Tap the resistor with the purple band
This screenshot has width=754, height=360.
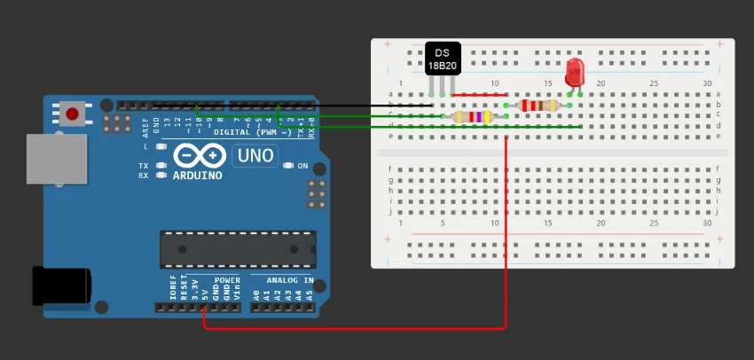pos(472,116)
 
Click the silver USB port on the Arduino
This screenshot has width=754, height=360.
pos(56,160)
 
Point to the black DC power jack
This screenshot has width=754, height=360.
pos(60,286)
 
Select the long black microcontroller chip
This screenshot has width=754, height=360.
pos(238,249)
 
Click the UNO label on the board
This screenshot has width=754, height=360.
pos(254,156)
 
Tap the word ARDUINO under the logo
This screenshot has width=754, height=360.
pos(197,176)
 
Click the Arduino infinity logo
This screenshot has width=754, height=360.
pos(199,156)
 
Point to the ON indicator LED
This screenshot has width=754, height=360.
pos(288,166)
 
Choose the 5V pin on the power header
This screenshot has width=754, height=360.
pos(205,307)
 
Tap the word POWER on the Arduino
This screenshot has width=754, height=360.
pos(227,280)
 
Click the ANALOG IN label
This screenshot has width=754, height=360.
pos(284,280)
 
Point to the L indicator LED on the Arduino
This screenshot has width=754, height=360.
pos(161,146)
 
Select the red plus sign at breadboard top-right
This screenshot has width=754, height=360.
pos(719,44)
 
